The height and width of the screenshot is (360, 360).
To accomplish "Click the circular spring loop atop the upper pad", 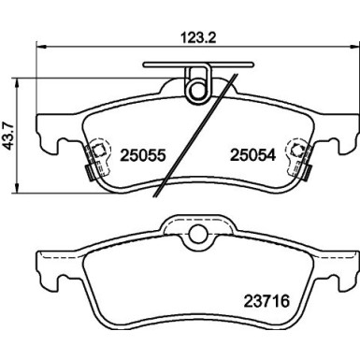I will click(196, 86).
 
